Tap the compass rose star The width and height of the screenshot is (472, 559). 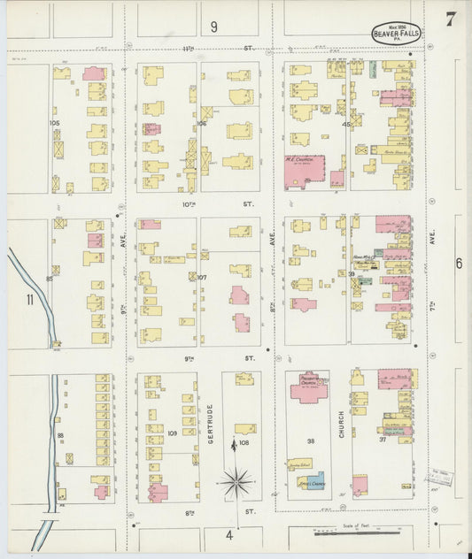pos(236,483)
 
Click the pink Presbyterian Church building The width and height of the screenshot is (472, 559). pos(307,388)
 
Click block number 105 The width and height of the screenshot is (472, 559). pos(55,123)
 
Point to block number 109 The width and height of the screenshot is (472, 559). pos(172,433)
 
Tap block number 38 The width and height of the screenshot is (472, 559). pos(310,440)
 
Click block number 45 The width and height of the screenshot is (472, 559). pos(347,125)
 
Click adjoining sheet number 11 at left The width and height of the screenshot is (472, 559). pos(29,300)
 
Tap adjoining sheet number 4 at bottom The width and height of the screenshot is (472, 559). pos(228,534)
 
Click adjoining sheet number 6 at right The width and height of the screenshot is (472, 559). pos(459,263)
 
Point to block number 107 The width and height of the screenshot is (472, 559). pos(201,277)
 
